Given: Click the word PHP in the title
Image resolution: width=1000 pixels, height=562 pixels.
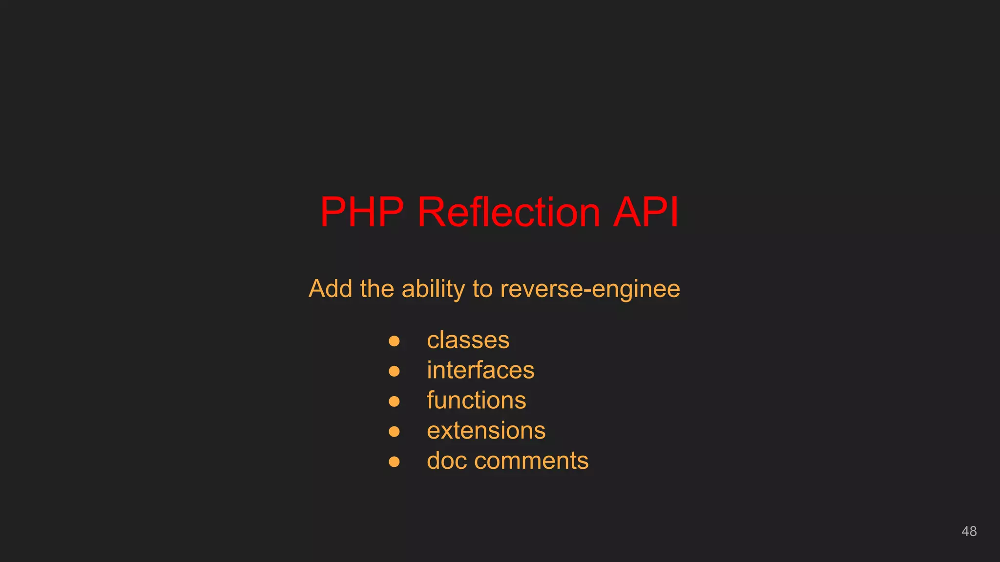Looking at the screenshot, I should coord(362,212).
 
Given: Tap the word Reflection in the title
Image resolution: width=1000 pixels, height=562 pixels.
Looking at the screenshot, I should coord(508,212).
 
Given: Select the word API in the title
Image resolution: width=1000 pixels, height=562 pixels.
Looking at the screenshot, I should coord(646,212).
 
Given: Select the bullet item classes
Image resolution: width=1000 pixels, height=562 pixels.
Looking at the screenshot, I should coord(468,340).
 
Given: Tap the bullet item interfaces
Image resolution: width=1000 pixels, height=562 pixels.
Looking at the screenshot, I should coord(480,370).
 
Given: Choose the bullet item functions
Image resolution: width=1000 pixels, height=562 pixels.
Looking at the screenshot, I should coord(476,401).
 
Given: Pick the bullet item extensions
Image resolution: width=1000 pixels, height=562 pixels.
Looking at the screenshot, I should coord(486,431).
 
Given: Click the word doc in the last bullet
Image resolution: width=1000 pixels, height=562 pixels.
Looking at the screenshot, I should coord(446,461).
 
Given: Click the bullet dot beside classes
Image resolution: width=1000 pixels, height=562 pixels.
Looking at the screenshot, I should coord(394,341).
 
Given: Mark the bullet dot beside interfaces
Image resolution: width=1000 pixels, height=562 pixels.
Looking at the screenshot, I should coord(394,371).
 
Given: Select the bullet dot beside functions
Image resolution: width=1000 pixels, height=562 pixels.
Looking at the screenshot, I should coord(394,401).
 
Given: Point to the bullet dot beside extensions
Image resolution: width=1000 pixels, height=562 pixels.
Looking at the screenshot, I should coord(394,431).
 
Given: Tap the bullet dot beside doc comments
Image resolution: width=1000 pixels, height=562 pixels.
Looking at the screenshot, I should coord(394,462).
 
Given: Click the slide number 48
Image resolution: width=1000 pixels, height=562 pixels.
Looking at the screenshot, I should coord(969,531).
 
